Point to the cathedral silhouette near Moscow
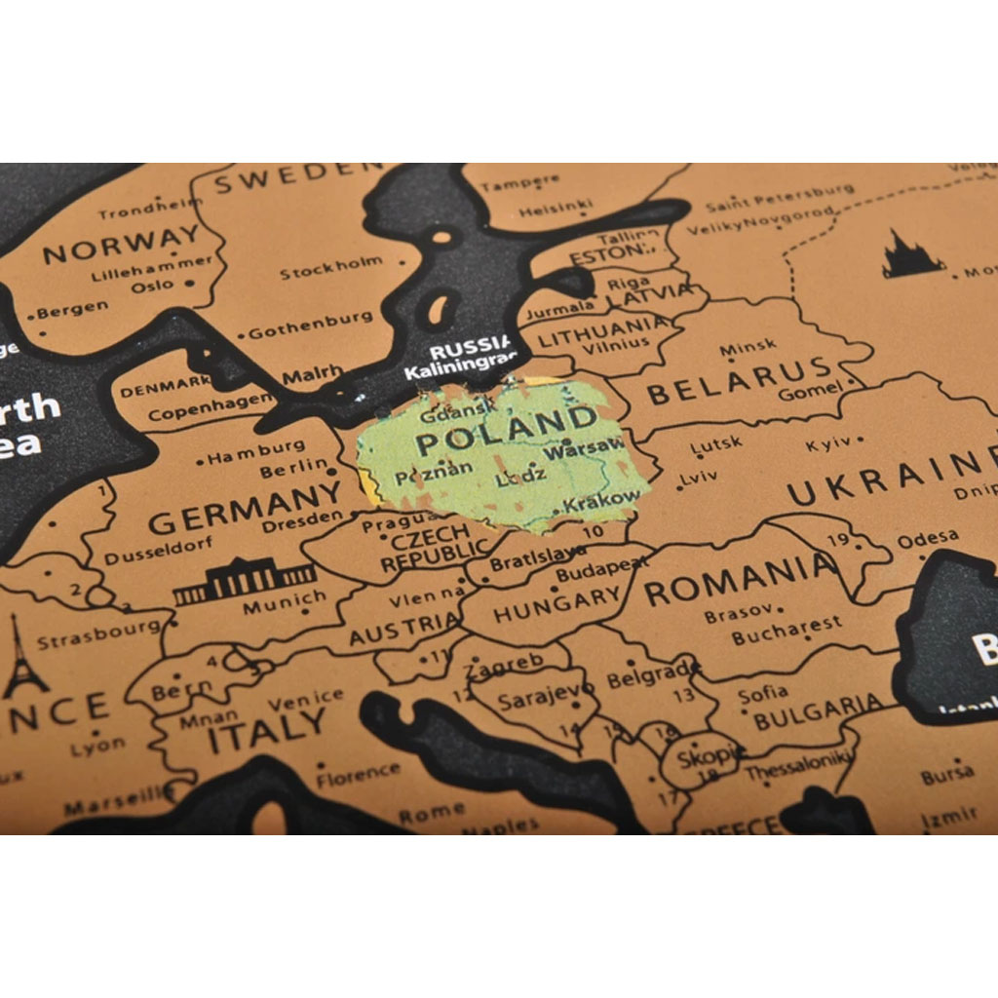point(911,255)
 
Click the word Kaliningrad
point(459,370)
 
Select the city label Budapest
point(601,570)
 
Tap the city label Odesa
point(927,539)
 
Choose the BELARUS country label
point(741,381)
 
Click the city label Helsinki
point(556,208)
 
